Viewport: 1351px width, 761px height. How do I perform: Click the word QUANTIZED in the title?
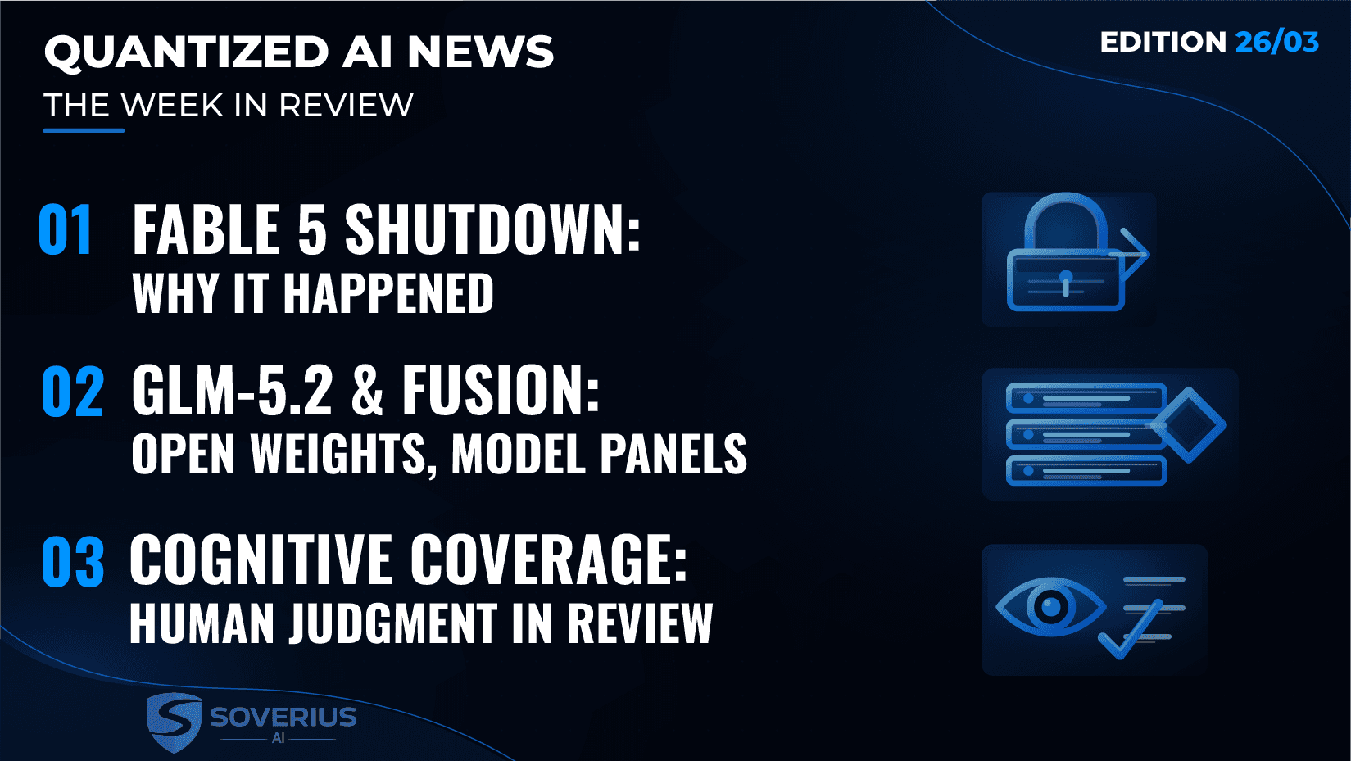[x=186, y=52]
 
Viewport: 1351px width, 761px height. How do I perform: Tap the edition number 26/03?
[x=1276, y=43]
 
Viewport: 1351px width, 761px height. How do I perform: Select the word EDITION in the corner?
[x=1163, y=43]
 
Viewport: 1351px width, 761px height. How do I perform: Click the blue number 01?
[x=66, y=229]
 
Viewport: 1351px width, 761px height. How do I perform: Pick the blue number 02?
[x=72, y=392]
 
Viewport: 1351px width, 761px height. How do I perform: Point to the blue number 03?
[x=72, y=562]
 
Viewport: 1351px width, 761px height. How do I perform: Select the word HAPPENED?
[x=388, y=293]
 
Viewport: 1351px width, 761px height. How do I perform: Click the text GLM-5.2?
[x=232, y=391]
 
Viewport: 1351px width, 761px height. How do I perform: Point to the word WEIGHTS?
[x=338, y=455]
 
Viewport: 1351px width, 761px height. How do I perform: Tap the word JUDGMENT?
[x=393, y=623]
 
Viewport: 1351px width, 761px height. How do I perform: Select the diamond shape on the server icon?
[x=1188, y=425]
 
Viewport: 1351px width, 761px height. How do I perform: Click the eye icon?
[x=1050, y=607]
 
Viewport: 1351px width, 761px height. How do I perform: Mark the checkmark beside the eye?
[x=1129, y=631]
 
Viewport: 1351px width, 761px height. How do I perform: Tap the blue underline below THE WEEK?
[x=84, y=130]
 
